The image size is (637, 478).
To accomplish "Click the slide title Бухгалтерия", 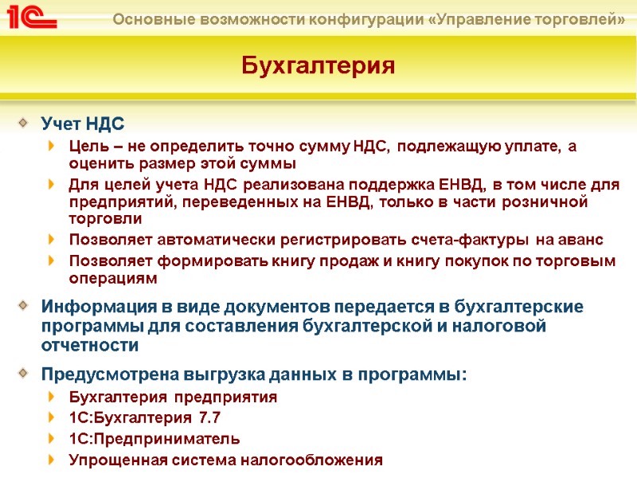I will pos(318,65).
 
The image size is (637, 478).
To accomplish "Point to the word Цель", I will pos(88,146).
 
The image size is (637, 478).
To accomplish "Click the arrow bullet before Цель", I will pos(53,146).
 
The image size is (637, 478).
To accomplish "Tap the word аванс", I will pos(584,240).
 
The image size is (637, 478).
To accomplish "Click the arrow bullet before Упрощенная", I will pos(53,460).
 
